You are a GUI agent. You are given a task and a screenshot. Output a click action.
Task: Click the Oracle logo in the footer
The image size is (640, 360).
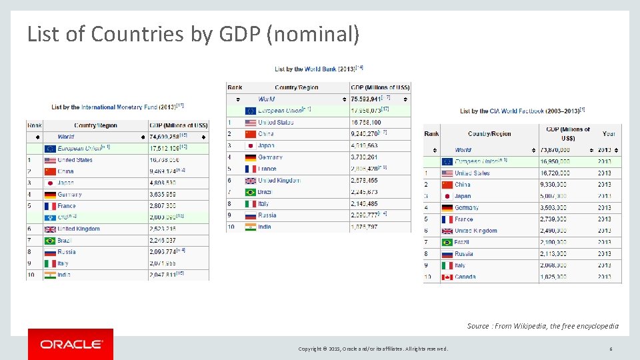[71, 344]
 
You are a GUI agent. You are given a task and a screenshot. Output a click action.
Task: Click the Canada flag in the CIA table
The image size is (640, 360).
[447, 277]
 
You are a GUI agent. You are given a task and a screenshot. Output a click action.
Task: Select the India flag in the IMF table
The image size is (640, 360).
[50, 275]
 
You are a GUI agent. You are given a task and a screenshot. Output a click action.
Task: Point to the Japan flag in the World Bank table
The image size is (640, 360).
[251, 145]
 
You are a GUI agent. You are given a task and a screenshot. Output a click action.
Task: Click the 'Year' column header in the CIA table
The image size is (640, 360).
[609, 133]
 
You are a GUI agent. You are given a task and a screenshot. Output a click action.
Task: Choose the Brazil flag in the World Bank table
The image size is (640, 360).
[251, 192]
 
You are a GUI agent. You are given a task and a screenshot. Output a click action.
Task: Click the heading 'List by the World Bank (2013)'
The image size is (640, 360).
[319, 69]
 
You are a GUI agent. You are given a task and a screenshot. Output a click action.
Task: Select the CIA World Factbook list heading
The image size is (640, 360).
[522, 111]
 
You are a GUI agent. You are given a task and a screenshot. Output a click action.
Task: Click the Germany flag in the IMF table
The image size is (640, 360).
[50, 195]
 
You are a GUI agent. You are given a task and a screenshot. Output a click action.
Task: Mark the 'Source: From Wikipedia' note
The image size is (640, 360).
[543, 326]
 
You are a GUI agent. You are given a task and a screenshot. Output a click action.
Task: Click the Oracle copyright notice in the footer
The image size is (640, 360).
[373, 349]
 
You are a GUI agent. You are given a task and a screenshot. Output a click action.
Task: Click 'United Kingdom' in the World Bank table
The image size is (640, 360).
[279, 181]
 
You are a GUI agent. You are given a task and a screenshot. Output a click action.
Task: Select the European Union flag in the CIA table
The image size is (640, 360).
[447, 161]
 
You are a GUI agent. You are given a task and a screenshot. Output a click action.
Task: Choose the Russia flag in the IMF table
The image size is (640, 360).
[50, 252]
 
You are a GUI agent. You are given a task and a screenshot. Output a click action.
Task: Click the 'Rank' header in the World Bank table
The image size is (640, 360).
[235, 87]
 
